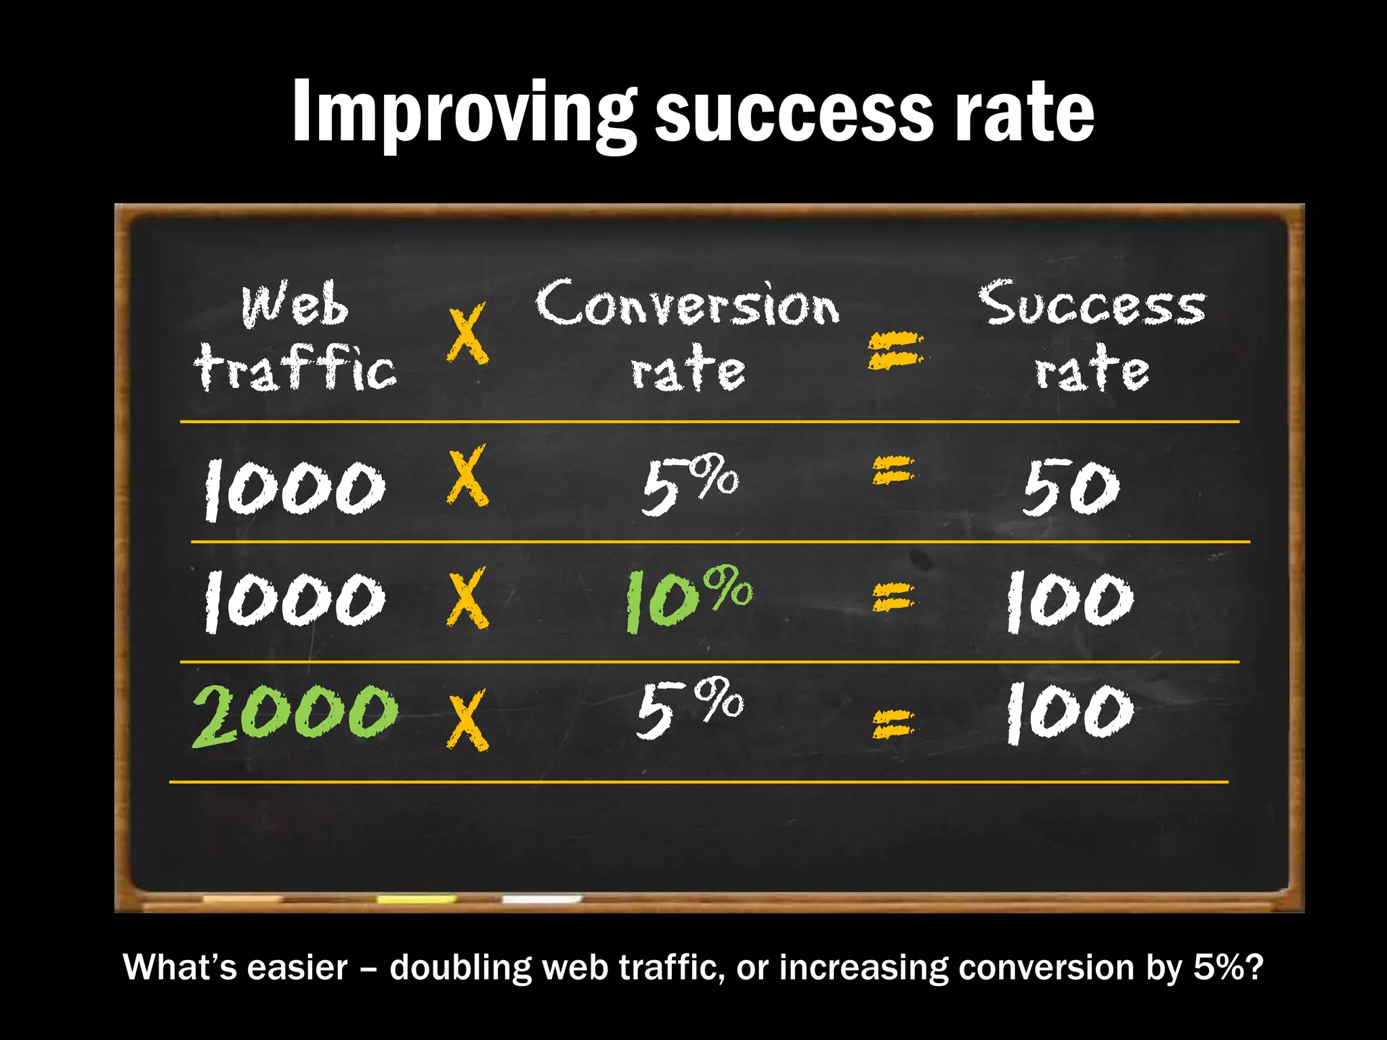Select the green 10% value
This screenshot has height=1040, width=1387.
tap(687, 599)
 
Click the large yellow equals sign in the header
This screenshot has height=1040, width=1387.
tap(895, 350)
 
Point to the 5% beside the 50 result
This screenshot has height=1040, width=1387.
tap(689, 484)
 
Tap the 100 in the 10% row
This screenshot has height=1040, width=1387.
tap(1069, 600)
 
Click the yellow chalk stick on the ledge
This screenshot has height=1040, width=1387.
tap(417, 899)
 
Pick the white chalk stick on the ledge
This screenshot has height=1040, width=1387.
tap(541, 899)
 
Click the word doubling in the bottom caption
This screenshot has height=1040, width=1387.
tap(461, 968)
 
